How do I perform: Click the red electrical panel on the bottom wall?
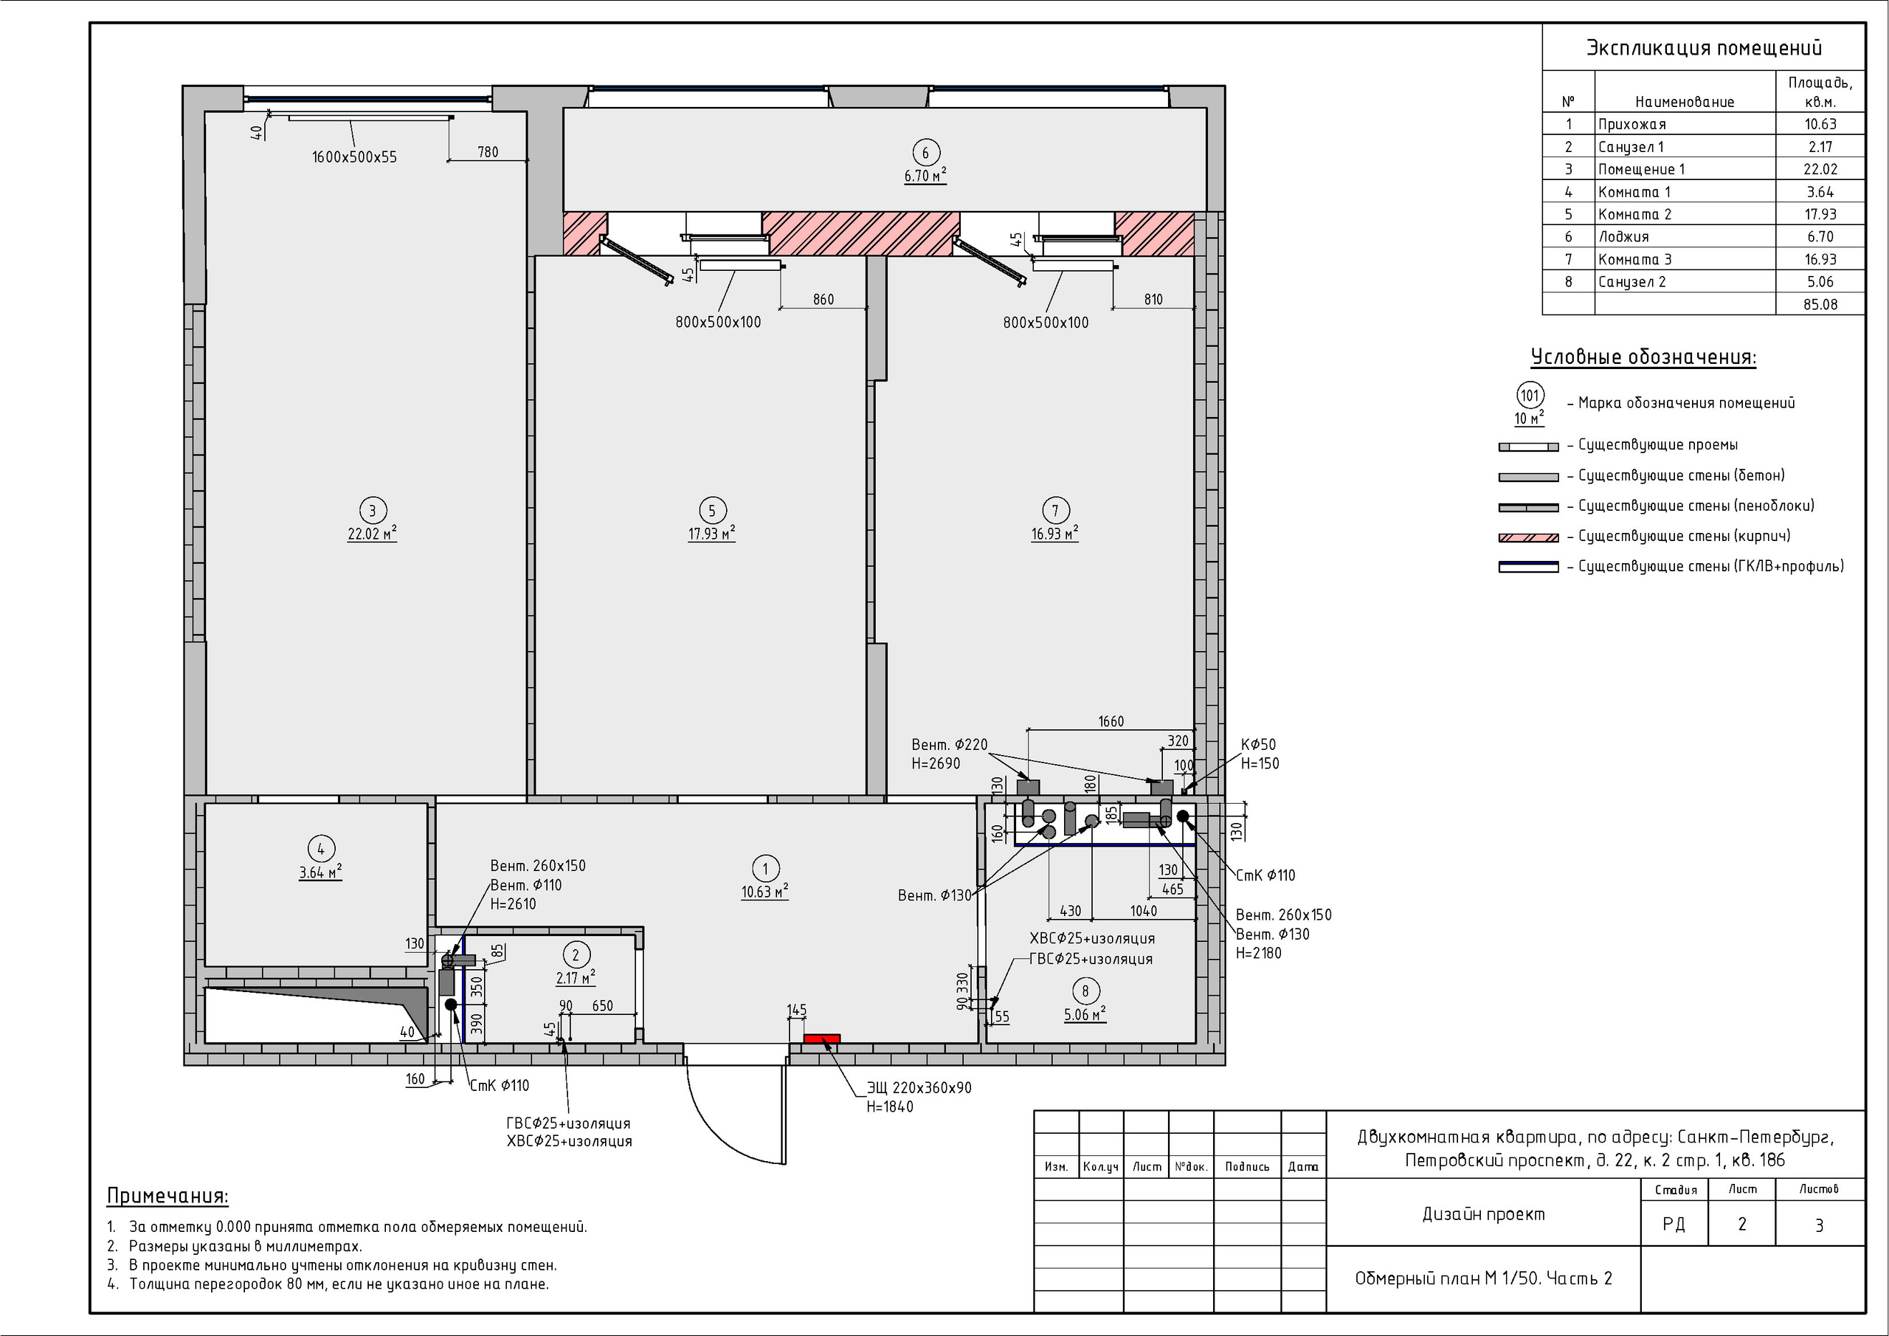coord(821,1039)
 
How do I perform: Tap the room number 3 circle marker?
coord(372,510)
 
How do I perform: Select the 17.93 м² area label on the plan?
coord(711,534)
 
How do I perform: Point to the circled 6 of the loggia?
coord(925,152)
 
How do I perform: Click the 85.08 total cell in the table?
coord(1820,305)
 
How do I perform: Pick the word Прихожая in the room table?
coord(1631,124)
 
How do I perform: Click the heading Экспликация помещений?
coord(1703,48)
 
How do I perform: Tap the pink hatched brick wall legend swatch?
coord(1529,537)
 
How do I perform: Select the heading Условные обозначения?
coord(1643,357)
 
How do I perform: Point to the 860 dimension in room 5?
coord(823,300)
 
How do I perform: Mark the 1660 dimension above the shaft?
coord(1111,721)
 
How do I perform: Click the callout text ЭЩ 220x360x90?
coord(919,1087)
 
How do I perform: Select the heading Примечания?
coord(168,1196)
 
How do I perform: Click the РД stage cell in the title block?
coord(1674,1224)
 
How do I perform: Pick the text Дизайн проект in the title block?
coord(1483,1214)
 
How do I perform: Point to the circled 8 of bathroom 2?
coord(1085,991)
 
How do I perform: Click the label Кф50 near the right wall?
coord(1258,745)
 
